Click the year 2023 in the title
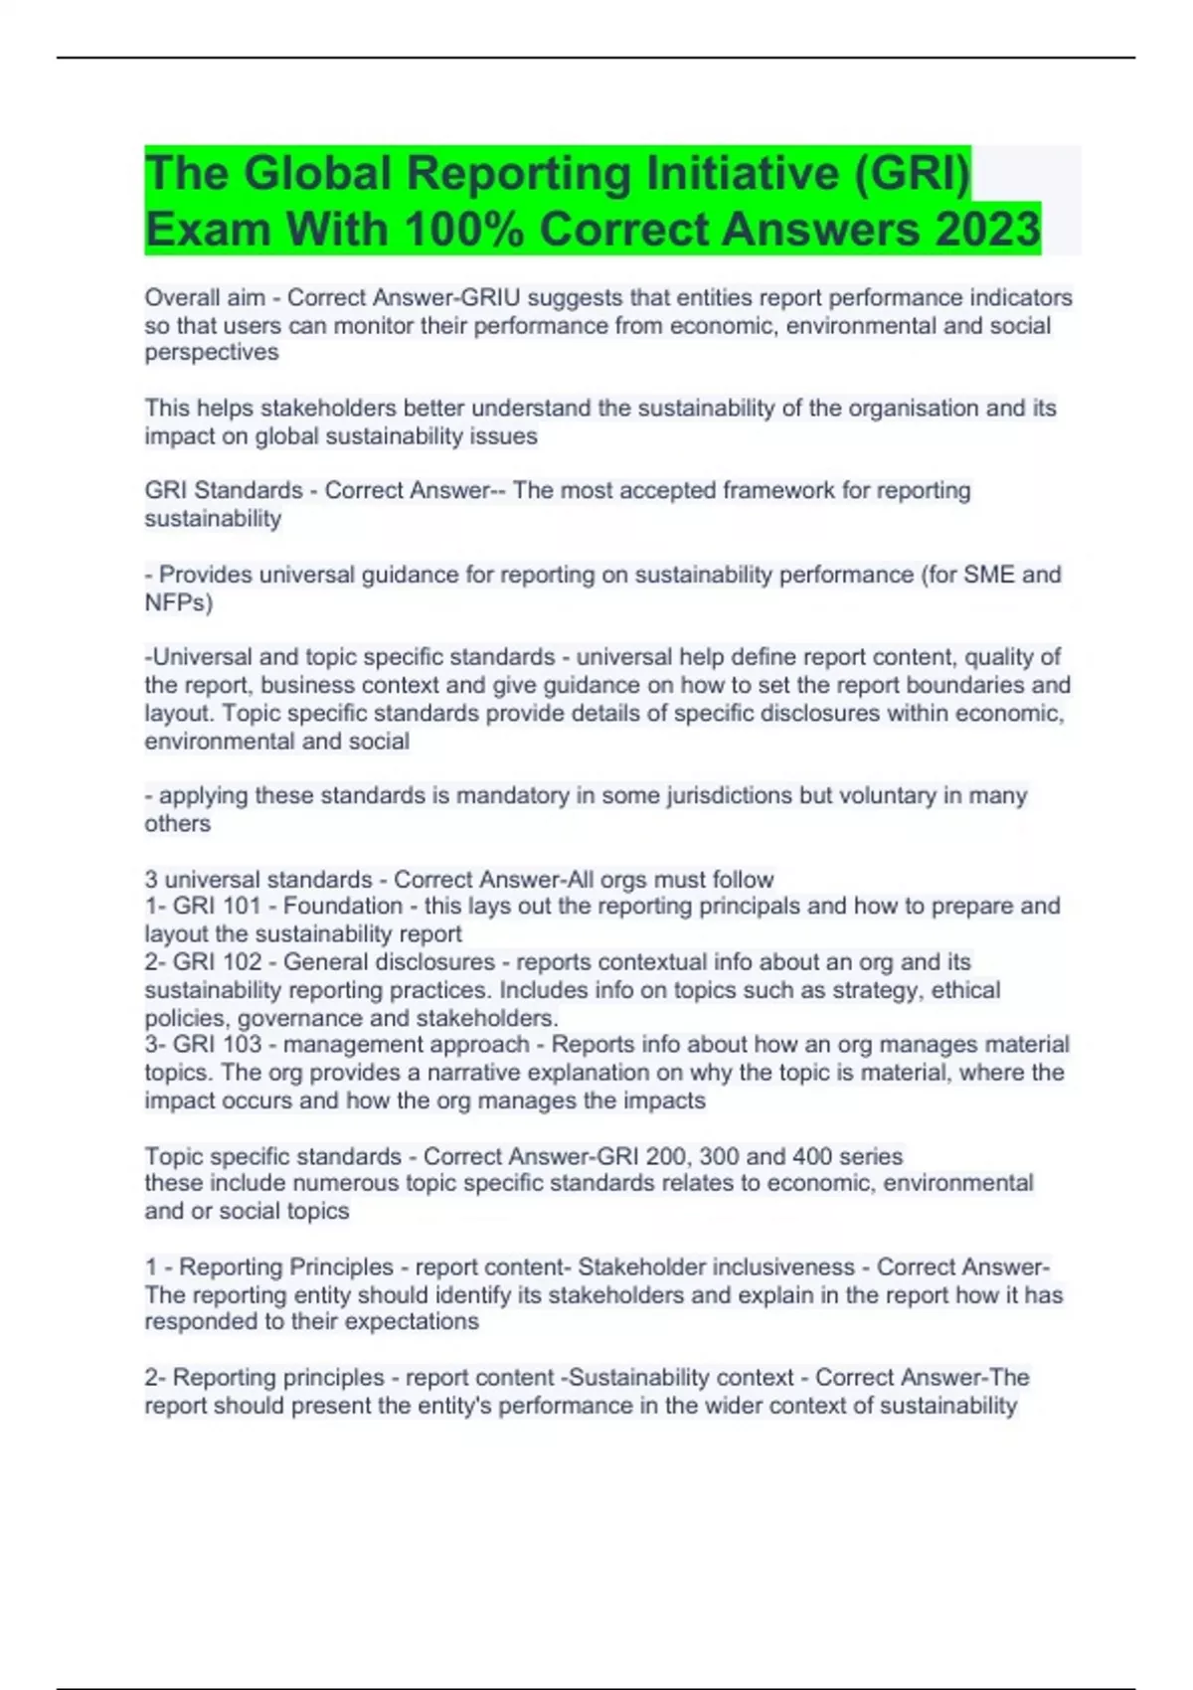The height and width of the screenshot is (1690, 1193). click(x=986, y=229)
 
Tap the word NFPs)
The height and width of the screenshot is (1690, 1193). click(x=179, y=602)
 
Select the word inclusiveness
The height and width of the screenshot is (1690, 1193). click(x=784, y=1267)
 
